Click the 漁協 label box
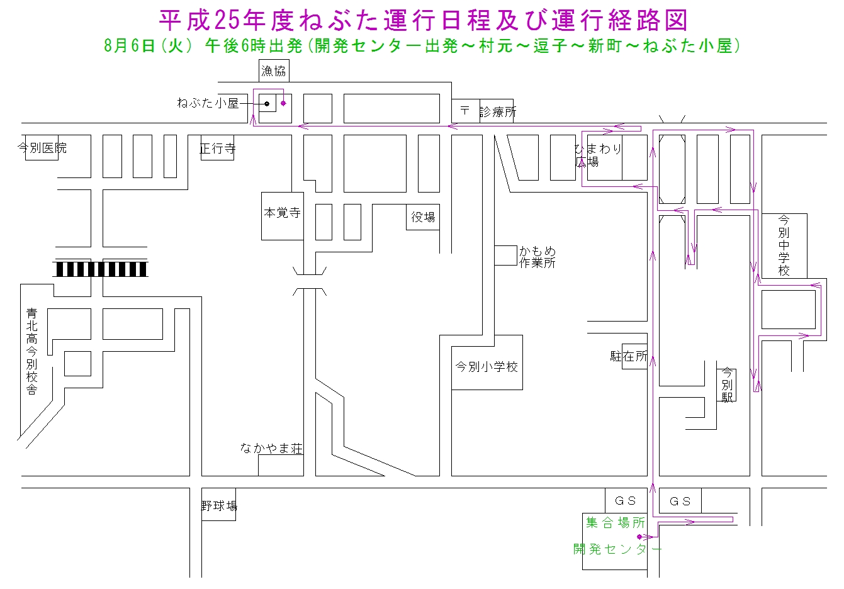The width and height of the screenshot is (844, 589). [x=273, y=71]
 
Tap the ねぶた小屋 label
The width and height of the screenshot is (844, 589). [x=208, y=103]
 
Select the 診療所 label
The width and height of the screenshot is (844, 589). [x=497, y=112]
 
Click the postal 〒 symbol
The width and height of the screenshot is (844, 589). [x=465, y=111]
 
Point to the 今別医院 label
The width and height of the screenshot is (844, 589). [x=42, y=148]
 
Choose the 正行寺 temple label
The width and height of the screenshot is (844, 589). [x=217, y=149]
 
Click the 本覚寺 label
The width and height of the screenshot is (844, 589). [x=282, y=213]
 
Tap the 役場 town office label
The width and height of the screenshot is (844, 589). [x=423, y=217]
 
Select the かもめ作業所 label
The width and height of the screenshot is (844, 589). [x=537, y=257]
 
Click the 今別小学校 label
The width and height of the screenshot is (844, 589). [x=487, y=366]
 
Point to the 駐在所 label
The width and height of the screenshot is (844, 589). [x=628, y=356]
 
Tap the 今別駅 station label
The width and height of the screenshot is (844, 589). [x=727, y=384]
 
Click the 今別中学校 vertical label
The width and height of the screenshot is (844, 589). [x=784, y=245]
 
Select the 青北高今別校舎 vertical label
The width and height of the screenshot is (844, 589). [x=32, y=351]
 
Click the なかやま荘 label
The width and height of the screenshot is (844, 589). [x=271, y=448]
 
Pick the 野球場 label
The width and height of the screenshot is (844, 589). [x=219, y=505]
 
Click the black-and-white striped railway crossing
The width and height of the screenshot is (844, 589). [x=101, y=269]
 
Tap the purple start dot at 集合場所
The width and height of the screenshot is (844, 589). [x=639, y=537]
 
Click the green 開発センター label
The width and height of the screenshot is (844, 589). [x=617, y=549]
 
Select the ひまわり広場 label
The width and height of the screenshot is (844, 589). [x=597, y=155]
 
